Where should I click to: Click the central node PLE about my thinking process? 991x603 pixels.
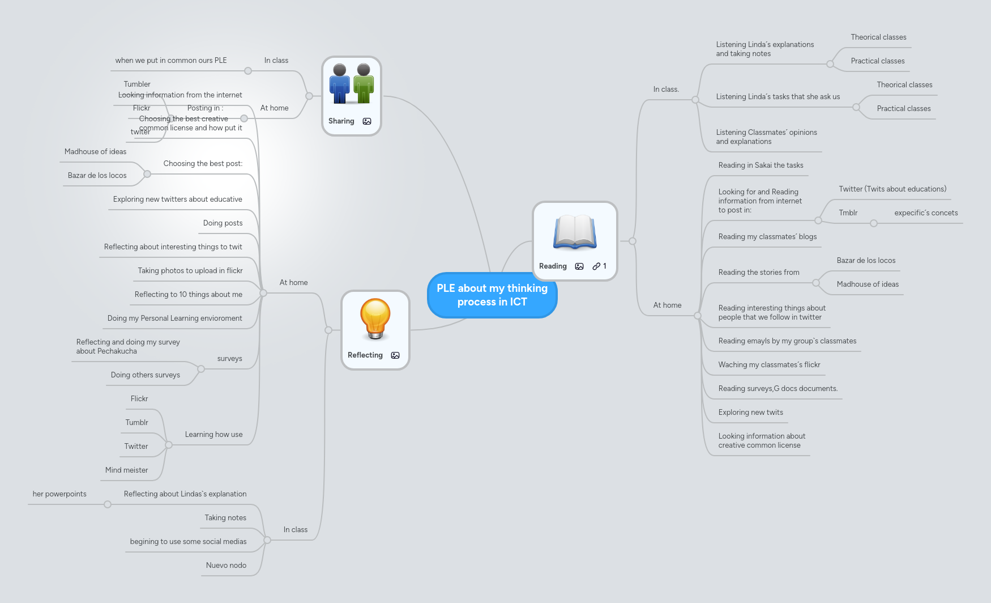pyautogui.click(x=492, y=295)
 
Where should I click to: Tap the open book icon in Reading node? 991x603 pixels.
pyautogui.click(x=575, y=232)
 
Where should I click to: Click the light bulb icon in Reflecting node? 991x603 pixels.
pyautogui.click(x=375, y=319)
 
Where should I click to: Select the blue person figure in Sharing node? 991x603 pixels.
pyautogui.click(x=340, y=84)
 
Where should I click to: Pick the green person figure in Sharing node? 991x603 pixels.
pyautogui.click(x=363, y=84)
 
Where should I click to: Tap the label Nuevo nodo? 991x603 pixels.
pyautogui.click(x=226, y=565)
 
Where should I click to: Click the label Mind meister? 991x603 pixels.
pyautogui.click(x=126, y=470)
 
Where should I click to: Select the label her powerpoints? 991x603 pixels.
pyautogui.click(x=59, y=494)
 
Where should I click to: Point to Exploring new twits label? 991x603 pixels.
pyautogui.click(x=750, y=412)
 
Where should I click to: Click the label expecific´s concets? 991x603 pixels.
pyautogui.click(x=926, y=213)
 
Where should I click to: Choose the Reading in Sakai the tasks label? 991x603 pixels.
pyautogui.click(x=761, y=165)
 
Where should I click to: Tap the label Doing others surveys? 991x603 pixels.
pyautogui.click(x=145, y=375)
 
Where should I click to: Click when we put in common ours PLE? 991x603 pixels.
pyautogui.click(x=170, y=60)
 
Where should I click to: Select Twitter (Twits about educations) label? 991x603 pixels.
pyautogui.click(x=892, y=189)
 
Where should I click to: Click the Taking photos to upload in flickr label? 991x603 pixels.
pyautogui.click(x=190, y=270)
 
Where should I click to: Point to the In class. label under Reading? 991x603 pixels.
pyautogui.click(x=666, y=89)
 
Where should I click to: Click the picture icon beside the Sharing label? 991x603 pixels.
pyautogui.click(x=367, y=121)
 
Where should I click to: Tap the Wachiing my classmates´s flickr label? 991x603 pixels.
pyautogui.click(x=769, y=364)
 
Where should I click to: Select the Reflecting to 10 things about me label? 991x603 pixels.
pyautogui.click(x=188, y=294)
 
